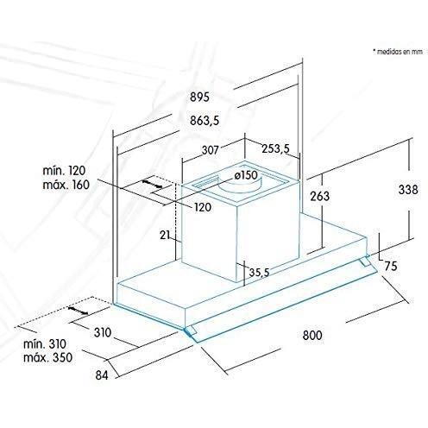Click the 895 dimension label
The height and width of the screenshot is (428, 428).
coord(199,97)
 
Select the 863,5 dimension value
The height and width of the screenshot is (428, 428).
coord(205,121)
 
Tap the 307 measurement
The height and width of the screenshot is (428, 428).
coord(210,150)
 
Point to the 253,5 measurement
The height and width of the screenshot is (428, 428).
coord(275,148)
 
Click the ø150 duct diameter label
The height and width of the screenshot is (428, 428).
coord(246,175)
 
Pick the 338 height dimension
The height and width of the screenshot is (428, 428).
coord(408,190)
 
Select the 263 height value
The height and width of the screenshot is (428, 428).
coord(319,196)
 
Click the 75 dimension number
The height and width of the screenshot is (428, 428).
coord(391,266)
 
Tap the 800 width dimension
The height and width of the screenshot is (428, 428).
coord(312,336)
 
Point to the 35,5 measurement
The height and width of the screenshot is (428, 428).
coord(259,272)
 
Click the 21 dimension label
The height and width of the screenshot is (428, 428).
coord(165,235)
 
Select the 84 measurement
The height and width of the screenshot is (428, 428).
coord(102,375)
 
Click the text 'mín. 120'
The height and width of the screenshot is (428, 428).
coord(64,171)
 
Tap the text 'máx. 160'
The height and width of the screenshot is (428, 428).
coord(66,185)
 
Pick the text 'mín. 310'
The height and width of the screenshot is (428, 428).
coord(45,344)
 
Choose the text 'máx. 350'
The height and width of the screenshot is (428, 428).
coord(47,357)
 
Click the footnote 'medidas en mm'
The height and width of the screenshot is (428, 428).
coord(400,52)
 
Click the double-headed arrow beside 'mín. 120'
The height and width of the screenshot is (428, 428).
coord(152,185)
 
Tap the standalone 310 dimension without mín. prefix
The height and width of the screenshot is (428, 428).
coord(103,332)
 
